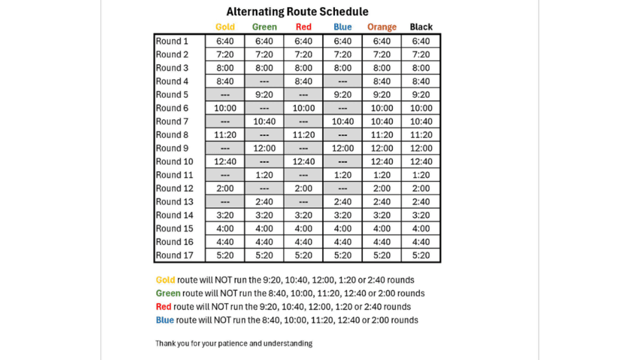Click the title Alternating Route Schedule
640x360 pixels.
click(x=297, y=12)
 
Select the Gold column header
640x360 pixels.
click(x=225, y=27)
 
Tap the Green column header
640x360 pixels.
click(x=264, y=27)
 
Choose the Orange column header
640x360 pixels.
click(x=382, y=27)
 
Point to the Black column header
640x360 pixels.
click(x=421, y=27)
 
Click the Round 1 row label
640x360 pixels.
click(x=172, y=42)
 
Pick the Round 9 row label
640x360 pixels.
click(x=172, y=149)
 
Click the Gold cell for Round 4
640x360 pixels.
click(x=225, y=82)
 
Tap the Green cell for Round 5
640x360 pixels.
click(x=264, y=95)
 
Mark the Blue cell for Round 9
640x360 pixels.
click(x=343, y=149)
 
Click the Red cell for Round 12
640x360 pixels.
click(x=304, y=189)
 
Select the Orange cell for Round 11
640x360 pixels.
click(x=382, y=175)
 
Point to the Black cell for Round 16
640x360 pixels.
click(x=421, y=242)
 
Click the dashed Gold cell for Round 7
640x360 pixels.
click(x=225, y=122)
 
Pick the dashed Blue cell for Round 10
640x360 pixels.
click(x=343, y=162)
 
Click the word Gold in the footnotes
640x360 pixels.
click(x=166, y=280)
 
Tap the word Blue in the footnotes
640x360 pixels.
click(x=165, y=320)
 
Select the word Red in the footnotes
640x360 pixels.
click(x=164, y=307)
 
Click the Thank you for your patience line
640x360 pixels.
click(x=234, y=343)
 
